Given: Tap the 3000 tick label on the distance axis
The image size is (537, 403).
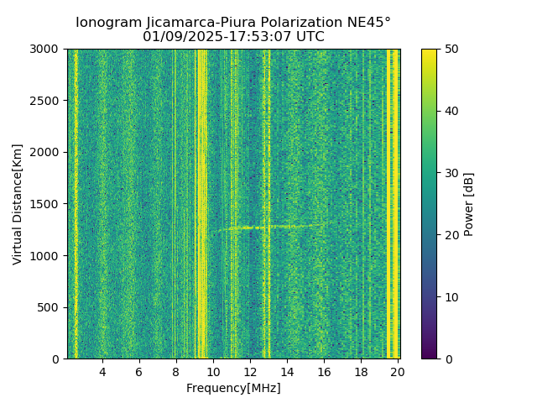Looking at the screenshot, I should click(47, 49).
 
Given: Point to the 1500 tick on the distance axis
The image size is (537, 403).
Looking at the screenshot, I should click(47, 204).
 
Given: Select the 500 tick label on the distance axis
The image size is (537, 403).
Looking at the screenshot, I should click(50, 307).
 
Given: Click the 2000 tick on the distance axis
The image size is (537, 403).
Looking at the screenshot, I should click(47, 152).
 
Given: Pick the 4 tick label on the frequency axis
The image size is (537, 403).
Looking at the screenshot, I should click(102, 372).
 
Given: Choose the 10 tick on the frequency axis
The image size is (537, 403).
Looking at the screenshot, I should click(213, 372).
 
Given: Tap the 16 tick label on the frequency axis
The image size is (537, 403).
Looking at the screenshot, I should click(324, 372).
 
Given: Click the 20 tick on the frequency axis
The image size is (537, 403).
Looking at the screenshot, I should click(398, 372).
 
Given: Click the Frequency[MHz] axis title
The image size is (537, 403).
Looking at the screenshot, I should click(233, 388).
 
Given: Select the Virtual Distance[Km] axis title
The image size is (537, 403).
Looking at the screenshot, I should click(18, 204).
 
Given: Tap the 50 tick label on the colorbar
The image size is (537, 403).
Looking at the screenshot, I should click(451, 49).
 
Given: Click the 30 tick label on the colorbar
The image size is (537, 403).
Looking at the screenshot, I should click(451, 173).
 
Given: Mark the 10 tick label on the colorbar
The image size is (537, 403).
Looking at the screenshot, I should click(451, 297).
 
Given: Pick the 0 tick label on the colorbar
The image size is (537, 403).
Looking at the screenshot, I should click(447, 359).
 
